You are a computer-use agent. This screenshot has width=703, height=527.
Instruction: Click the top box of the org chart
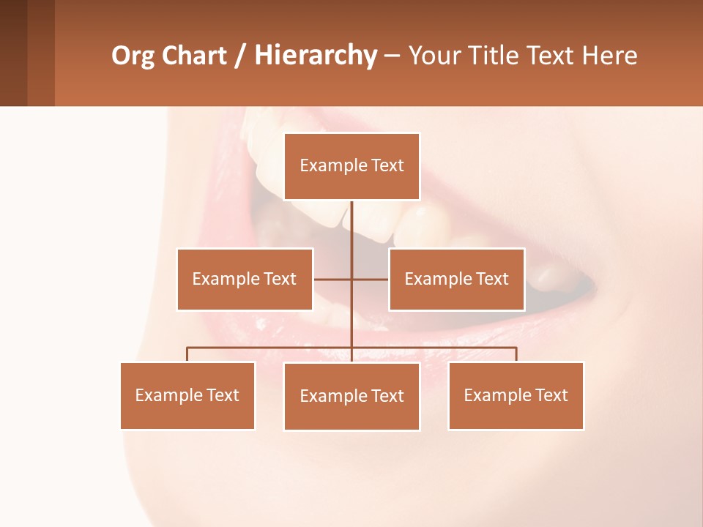pos(351,166)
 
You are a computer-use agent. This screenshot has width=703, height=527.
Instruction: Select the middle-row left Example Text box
pos(245,279)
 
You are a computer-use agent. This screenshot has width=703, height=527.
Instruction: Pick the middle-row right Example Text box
pos(456,279)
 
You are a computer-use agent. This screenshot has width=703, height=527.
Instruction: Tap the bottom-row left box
pos(187,395)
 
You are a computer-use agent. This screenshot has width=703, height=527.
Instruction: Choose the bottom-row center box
pos(351,396)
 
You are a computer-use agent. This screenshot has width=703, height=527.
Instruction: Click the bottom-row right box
pos(516,395)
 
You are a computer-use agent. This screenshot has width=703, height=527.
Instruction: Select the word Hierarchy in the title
pos(315,56)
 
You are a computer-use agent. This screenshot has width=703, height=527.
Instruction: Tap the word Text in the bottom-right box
pos(551,395)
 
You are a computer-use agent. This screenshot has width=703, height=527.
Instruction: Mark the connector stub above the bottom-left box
pos(187,354)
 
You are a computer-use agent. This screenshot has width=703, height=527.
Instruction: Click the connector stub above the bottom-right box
pos(516,354)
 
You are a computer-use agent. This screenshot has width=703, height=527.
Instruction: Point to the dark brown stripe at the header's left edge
pos(13,53)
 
